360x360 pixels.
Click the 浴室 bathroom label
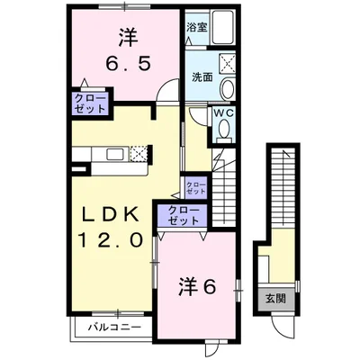click(x=197, y=28)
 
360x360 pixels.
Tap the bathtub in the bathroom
click(x=222, y=28)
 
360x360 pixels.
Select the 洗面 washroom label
click(x=202, y=77)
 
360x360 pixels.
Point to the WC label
click(x=223, y=112)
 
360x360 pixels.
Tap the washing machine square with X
click(x=227, y=63)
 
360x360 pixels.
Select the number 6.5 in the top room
click(x=127, y=64)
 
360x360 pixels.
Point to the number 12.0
click(x=110, y=240)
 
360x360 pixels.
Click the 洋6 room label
click(x=197, y=287)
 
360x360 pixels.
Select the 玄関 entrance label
click(x=275, y=299)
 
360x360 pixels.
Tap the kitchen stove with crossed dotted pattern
click(x=139, y=154)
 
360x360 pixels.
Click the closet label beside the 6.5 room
click(x=90, y=103)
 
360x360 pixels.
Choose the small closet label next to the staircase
click(x=196, y=187)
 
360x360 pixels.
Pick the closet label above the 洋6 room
click(x=183, y=215)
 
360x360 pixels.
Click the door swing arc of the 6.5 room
click(x=166, y=84)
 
